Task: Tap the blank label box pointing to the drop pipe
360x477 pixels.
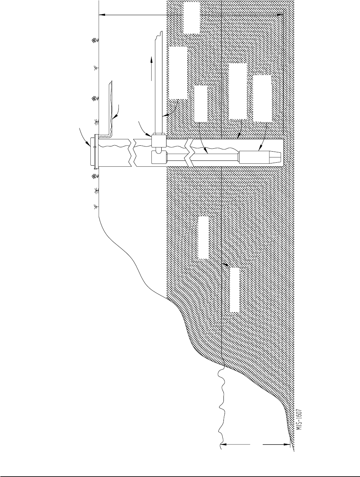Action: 201,104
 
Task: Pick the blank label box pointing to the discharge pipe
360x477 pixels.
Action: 178,73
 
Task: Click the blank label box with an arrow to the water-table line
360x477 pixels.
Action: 235,290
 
